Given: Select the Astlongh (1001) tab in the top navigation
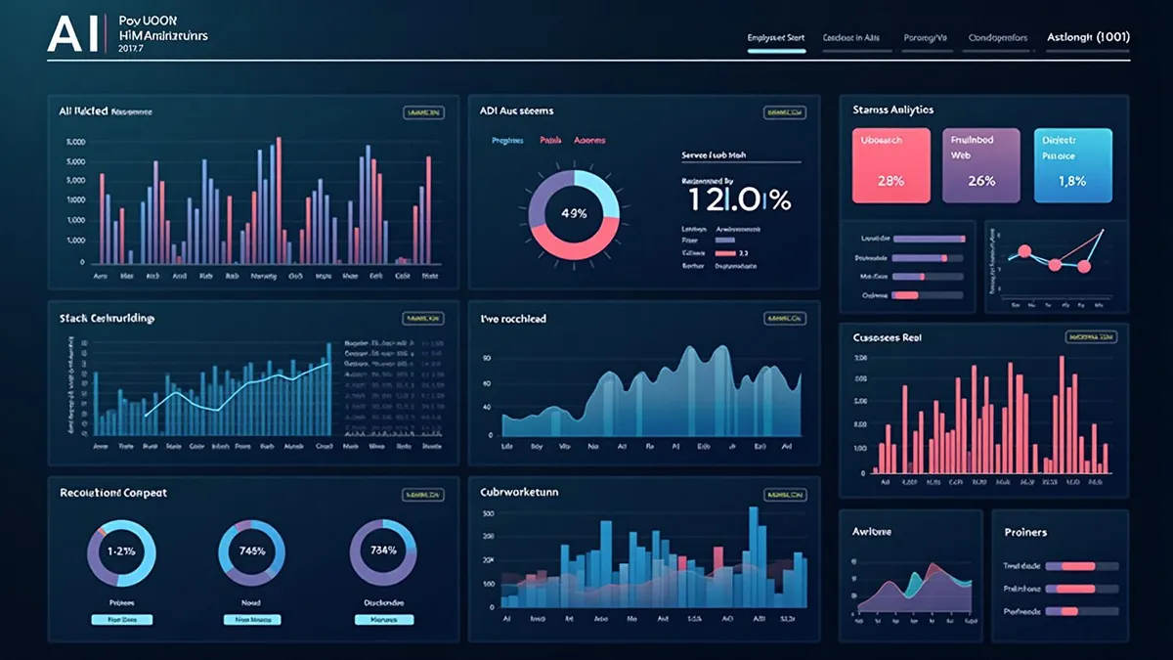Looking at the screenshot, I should coord(1088,37).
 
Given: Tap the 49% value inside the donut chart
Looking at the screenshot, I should coord(573,213).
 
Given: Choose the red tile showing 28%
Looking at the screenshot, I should coord(891,165).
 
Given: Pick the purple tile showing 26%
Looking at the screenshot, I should coord(980,165).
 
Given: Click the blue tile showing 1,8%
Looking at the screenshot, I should coord(1071,165).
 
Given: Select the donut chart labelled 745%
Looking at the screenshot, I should coord(252,550).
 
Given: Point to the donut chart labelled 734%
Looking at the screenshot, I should coord(383,550).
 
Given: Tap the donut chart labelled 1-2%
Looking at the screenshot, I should coord(121,550).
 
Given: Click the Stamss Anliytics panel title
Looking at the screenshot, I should coord(892,110).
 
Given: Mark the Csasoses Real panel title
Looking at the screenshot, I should coord(887,337).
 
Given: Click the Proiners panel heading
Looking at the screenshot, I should coord(1025,532).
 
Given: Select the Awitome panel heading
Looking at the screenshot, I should coord(871,531).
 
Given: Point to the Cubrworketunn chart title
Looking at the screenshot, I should coord(519,492).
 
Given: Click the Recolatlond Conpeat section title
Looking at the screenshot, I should coord(112,493).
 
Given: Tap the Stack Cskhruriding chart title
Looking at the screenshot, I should coord(107,319).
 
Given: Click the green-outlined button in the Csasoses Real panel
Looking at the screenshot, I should coord(1090,337).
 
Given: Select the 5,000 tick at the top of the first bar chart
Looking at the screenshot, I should coord(76,142).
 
